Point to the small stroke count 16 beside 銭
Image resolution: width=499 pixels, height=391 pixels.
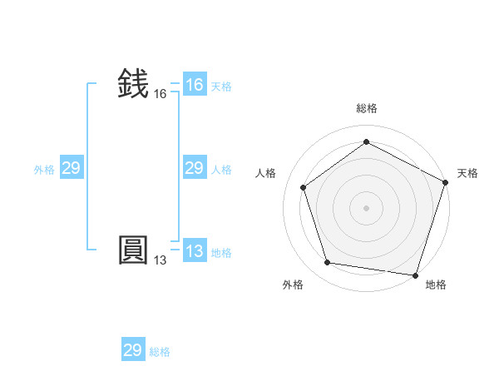161,94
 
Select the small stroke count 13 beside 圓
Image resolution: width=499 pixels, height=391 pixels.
161,260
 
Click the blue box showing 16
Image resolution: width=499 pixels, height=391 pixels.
195,85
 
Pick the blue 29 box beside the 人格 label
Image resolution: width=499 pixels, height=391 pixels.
195,168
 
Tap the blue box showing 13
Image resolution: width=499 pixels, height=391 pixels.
195,251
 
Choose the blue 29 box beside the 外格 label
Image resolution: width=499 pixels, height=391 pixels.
71,168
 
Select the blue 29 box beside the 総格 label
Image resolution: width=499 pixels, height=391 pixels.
133,350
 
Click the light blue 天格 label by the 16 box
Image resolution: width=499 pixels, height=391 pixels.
221,87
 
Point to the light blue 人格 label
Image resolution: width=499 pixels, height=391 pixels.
221,170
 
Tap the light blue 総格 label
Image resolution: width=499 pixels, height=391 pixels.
160,352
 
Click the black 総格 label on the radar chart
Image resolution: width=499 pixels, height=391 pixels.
366,108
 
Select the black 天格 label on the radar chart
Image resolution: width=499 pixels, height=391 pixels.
467,173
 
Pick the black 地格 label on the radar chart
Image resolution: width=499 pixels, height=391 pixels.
436,285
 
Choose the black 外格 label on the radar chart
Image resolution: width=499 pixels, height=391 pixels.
293,285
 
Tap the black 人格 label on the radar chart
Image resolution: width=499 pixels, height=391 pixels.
266,173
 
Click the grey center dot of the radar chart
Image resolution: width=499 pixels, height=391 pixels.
366,207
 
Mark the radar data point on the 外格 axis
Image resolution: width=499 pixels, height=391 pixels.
328,263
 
